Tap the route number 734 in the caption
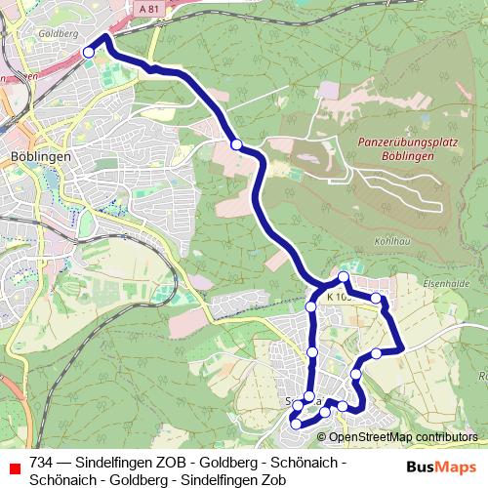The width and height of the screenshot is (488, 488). pos(41,462)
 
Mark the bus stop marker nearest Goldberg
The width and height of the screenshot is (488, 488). pos(89,52)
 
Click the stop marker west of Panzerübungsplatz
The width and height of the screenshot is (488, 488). pos(236,144)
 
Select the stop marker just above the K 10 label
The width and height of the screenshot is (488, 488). pos(344,277)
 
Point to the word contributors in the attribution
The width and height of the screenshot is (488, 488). pos(446,436)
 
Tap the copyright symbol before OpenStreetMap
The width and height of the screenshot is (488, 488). pos(322,436)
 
